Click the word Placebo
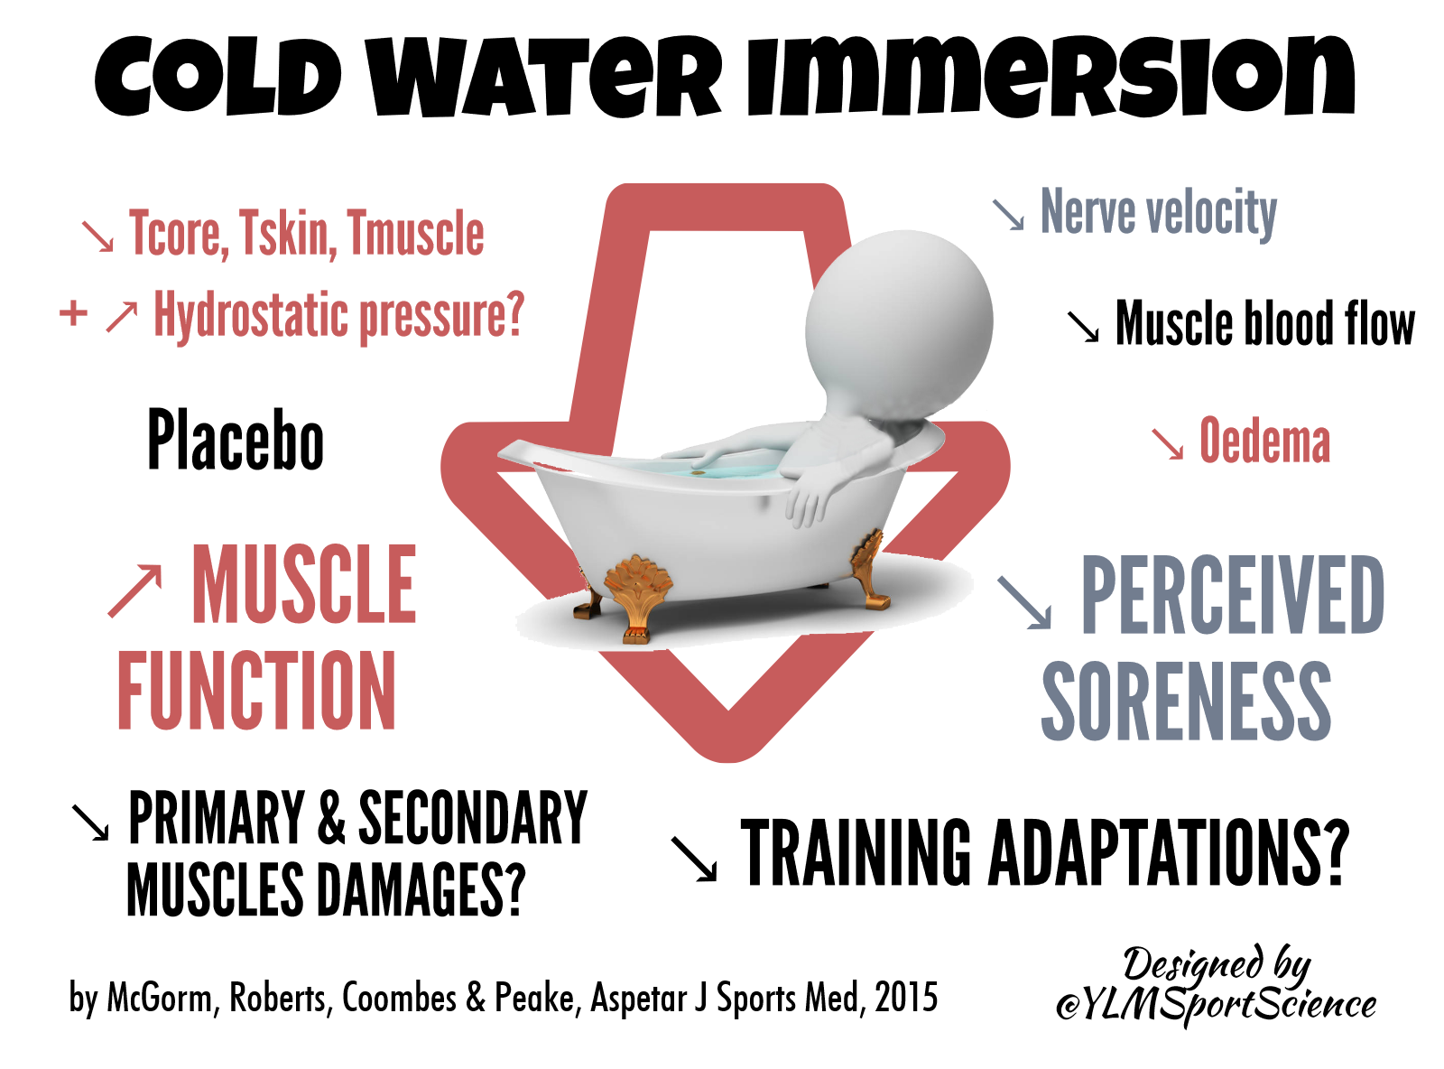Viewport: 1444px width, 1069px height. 235,439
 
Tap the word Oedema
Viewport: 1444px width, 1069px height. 1263,441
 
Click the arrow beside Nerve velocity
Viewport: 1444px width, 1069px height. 1008,216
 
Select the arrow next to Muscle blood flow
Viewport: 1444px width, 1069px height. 1083,326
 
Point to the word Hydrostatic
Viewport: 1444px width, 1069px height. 251,316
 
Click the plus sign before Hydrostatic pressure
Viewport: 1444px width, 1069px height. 74,312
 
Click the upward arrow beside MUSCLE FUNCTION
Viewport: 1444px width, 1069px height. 134,590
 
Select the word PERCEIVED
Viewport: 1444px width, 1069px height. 1233,594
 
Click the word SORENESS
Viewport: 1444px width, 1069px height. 1186,701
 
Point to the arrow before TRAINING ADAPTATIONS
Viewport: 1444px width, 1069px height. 695,860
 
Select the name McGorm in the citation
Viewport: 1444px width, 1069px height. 160,998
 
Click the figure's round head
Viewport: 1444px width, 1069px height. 899,324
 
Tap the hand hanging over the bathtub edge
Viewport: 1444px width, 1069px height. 810,499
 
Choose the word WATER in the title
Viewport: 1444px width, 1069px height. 543,77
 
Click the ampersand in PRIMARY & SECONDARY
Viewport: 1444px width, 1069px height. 331,817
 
